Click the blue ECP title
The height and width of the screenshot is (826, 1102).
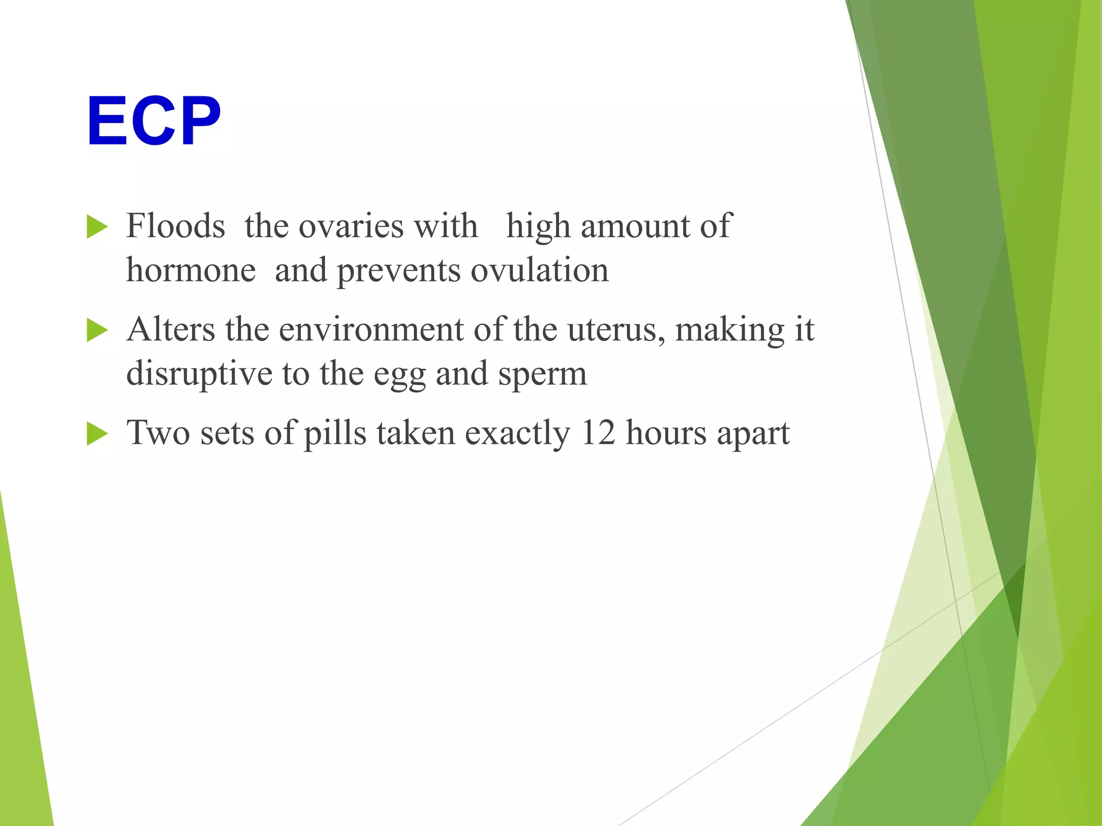click(154, 121)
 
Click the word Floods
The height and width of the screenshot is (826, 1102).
click(175, 226)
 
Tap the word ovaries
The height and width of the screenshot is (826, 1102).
click(351, 226)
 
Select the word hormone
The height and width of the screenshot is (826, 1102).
click(190, 270)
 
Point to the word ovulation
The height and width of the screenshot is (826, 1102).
click(540, 270)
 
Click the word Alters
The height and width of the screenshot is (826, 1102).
click(171, 329)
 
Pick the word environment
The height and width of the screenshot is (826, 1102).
click(371, 329)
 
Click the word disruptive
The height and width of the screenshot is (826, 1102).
click(199, 374)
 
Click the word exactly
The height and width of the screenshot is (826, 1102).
click(517, 433)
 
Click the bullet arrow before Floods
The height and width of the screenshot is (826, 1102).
click(97, 227)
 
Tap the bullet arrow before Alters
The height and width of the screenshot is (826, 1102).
click(97, 330)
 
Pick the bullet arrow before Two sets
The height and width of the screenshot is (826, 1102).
click(97, 433)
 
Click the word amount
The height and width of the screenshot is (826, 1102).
click(635, 226)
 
